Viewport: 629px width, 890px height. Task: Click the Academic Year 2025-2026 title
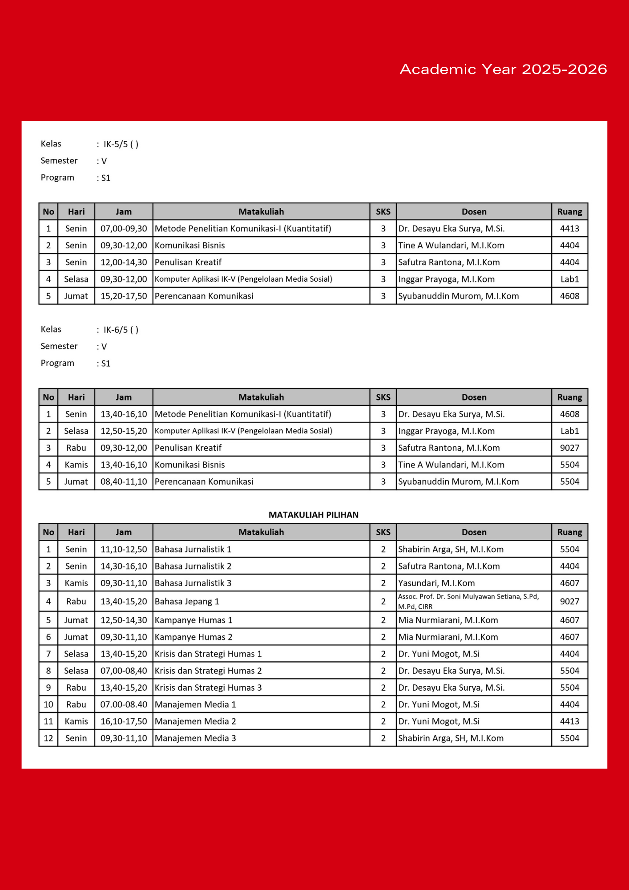[x=503, y=69]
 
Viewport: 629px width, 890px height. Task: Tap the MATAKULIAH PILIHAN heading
[x=313, y=515]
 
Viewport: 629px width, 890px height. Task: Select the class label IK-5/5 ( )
[x=121, y=144]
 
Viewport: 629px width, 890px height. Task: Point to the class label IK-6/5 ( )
[x=121, y=330]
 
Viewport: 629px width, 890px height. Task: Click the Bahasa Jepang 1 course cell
[x=187, y=602]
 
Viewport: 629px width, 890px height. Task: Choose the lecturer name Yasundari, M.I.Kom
[x=436, y=583]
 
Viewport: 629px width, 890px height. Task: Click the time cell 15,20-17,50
[x=124, y=296]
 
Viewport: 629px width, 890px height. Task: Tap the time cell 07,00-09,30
[x=124, y=229]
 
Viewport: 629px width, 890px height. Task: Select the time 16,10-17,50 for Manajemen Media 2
[x=124, y=721]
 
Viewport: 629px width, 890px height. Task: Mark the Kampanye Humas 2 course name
[x=194, y=637]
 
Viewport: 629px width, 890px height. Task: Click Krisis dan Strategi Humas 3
[x=208, y=688]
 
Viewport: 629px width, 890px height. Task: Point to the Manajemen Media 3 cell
[x=195, y=738]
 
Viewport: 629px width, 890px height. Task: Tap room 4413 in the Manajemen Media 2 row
[x=569, y=721]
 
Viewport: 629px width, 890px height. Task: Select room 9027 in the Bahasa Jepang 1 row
[x=569, y=602]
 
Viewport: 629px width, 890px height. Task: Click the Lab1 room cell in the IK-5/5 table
[x=569, y=279]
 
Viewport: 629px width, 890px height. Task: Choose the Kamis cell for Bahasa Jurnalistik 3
[x=76, y=583]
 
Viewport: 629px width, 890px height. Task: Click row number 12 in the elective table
[x=48, y=738]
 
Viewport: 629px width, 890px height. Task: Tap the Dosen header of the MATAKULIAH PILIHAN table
[x=474, y=532]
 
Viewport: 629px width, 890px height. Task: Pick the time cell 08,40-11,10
[x=124, y=481]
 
